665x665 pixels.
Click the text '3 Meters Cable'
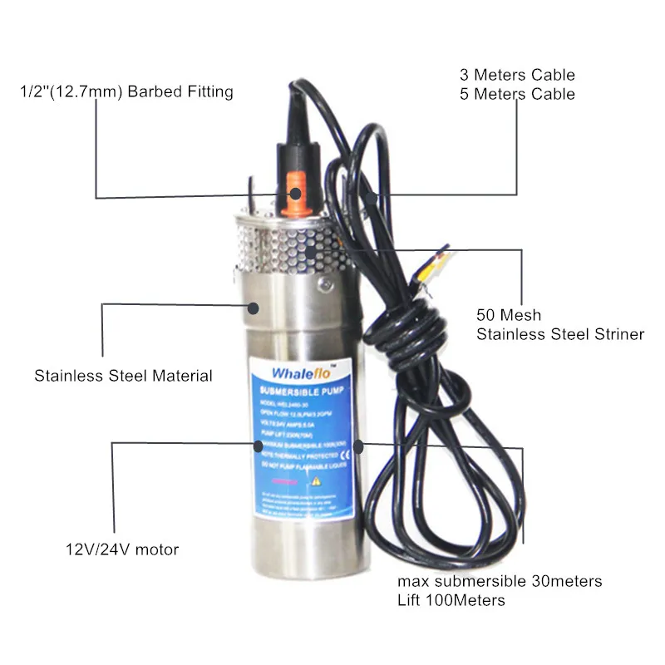point(517,76)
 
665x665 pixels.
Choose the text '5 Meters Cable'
point(517,94)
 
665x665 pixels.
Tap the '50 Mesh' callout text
point(509,315)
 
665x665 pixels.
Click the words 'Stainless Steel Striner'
point(560,334)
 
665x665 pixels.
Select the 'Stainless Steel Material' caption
point(123,376)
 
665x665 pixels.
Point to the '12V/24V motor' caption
point(122,549)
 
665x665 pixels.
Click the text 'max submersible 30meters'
point(500,580)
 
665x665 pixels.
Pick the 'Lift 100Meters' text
point(451,599)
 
